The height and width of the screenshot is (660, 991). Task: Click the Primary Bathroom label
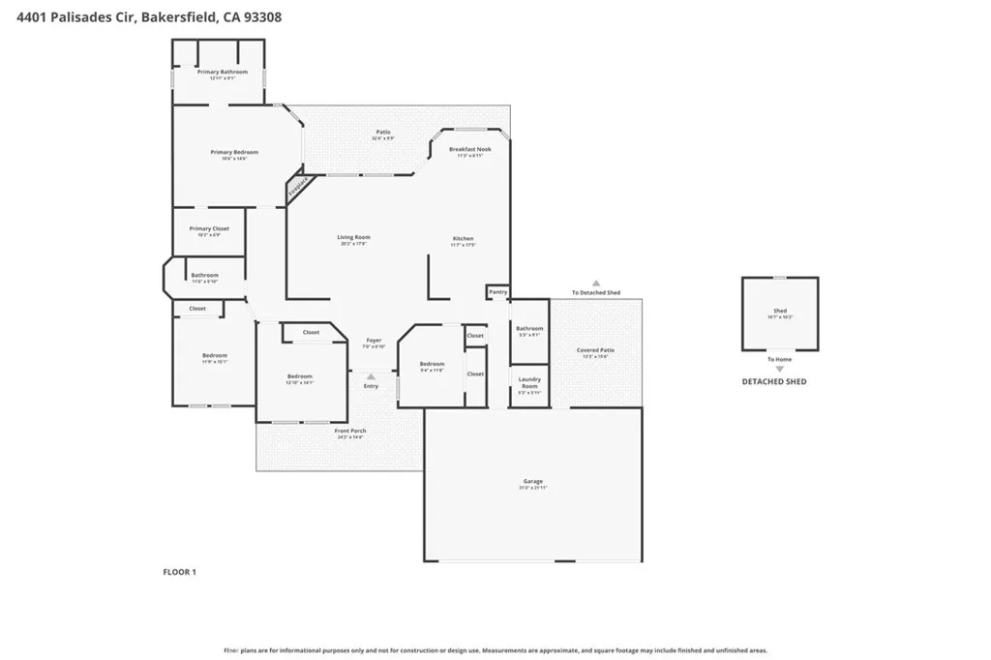coord(223,72)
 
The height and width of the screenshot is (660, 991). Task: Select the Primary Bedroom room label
coord(234,152)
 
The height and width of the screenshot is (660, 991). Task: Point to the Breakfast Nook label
coord(471,149)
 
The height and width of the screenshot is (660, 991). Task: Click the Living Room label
coord(353,237)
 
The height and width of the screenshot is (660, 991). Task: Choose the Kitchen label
coord(464,238)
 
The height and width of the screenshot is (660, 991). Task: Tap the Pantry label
coord(497,291)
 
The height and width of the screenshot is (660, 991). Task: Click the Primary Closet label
coord(209,229)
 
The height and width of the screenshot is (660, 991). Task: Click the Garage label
coord(533,481)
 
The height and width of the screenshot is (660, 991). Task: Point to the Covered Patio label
coord(595,350)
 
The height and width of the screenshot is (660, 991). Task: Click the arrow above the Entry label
coord(371,376)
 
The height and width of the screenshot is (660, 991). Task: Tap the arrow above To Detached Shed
coord(596,283)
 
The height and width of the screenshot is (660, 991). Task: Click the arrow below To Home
coord(779,369)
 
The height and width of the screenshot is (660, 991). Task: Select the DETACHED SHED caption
coord(774,382)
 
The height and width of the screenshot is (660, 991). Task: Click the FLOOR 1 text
coord(179,572)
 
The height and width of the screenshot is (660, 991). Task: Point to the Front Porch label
coord(350,431)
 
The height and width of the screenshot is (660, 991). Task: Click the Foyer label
coord(373,341)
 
